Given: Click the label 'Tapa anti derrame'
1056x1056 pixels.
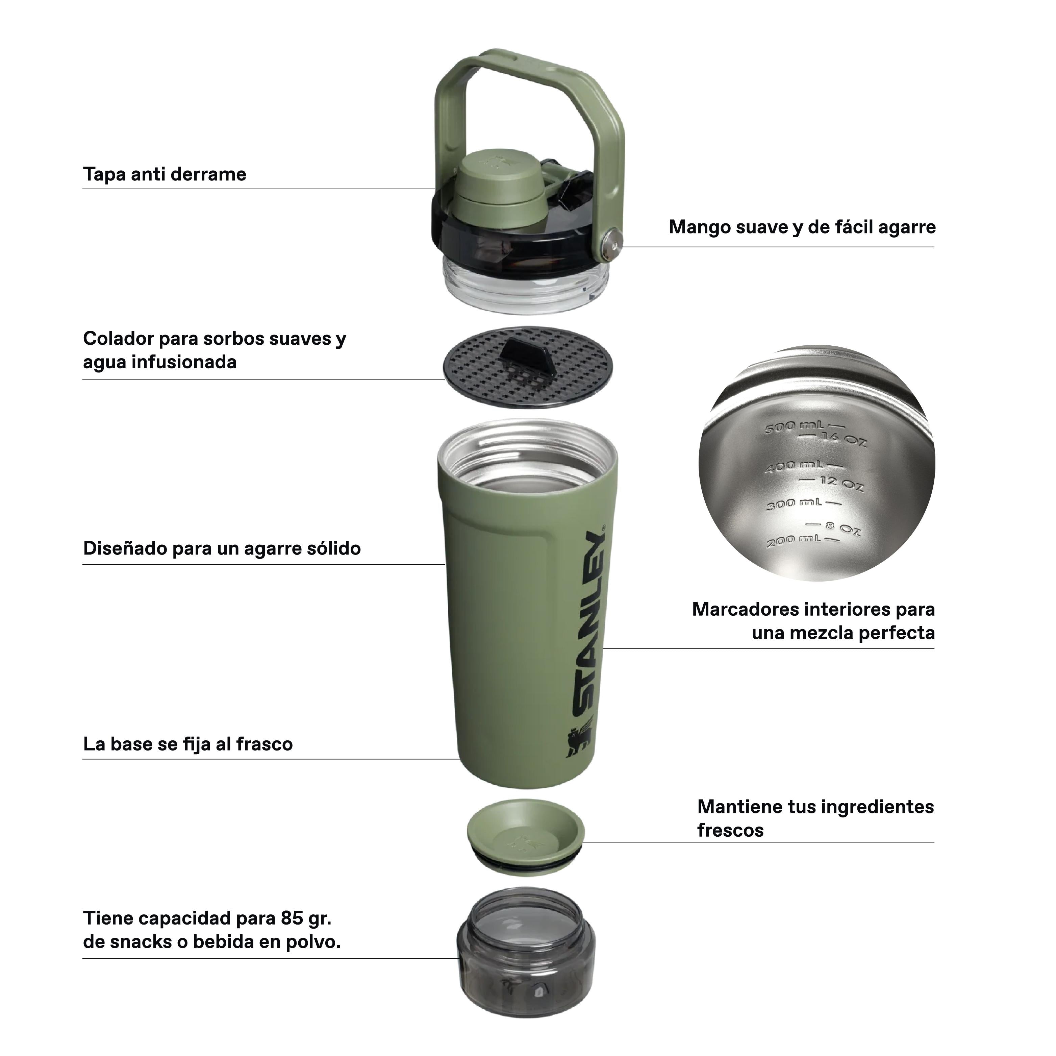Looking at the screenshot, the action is pyautogui.click(x=165, y=174).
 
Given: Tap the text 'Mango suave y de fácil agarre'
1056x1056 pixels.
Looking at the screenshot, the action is pyautogui.click(x=802, y=227).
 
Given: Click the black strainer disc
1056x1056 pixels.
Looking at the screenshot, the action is pyautogui.click(x=528, y=368).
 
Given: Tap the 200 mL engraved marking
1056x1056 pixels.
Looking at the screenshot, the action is pyautogui.click(x=798, y=541).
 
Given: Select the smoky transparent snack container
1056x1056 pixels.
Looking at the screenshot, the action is pyautogui.click(x=526, y=952).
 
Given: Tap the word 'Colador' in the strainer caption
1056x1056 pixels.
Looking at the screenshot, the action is pyautogui.click(x=118, y=339).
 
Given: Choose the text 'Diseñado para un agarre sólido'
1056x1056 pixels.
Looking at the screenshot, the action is pyautogui.click(x=222, y=548).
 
